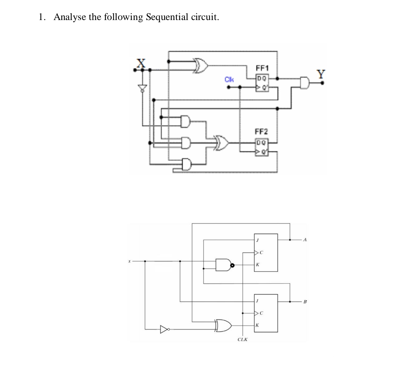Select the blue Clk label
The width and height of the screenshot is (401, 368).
(x=229, y=79)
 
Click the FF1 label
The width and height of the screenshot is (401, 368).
(x=263, y=68)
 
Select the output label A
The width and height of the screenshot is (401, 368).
(x=305, y=240)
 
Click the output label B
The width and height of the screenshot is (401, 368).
(x=305, y=302)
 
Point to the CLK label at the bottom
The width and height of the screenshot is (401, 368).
(x=243, y=339)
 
